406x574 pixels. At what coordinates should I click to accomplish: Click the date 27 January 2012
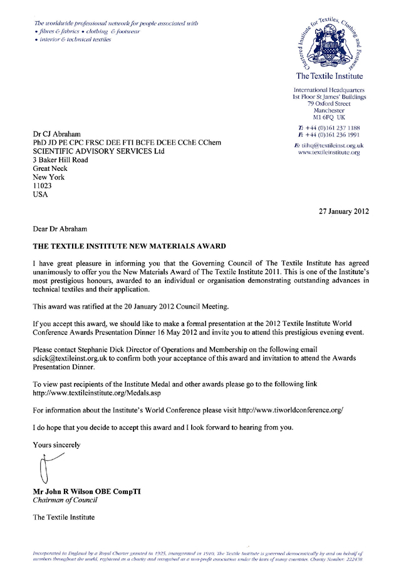coord(344,211)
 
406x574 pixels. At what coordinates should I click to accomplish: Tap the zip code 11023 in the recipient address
coord(43,185)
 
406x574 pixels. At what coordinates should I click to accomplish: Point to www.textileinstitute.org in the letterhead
coord(329,152)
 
